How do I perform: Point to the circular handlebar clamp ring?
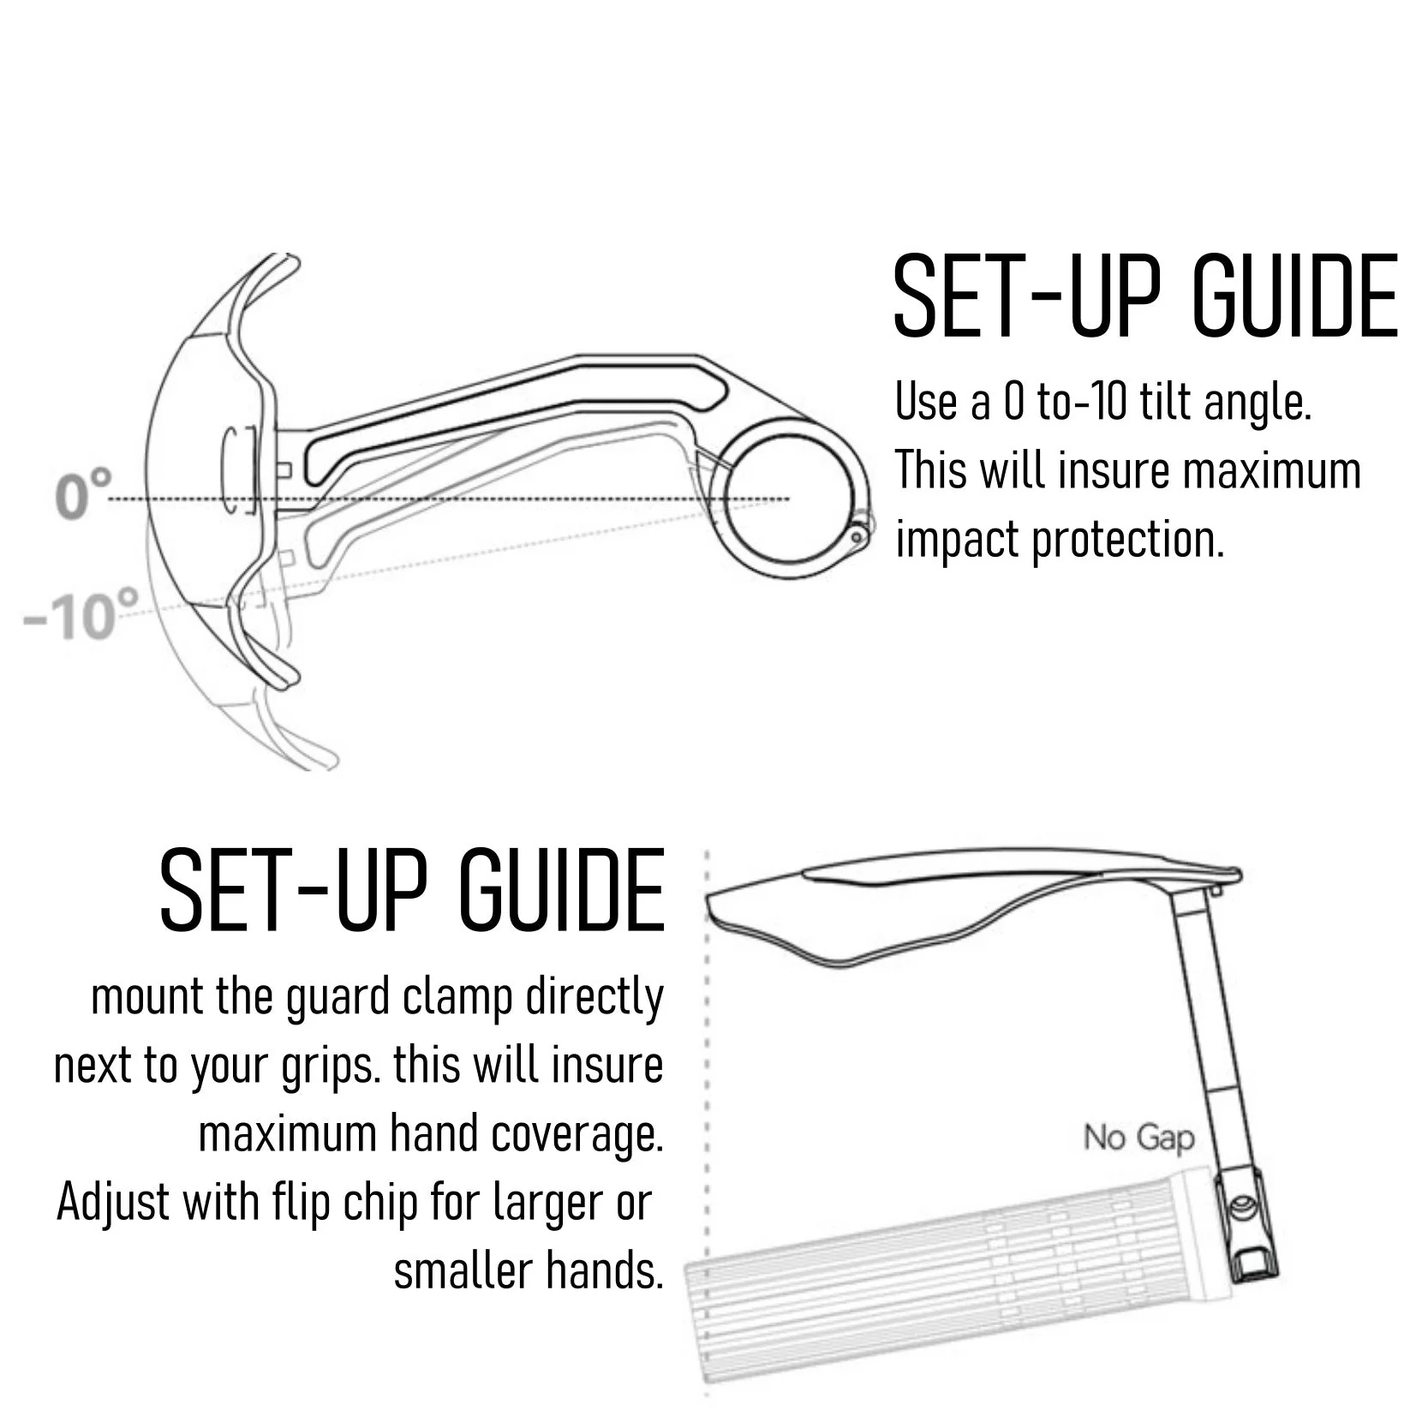[x=725, y=497]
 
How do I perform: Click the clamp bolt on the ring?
[x=857, y=535]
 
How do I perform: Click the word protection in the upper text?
[x=1128, y=541]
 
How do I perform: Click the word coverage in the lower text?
[x=578, y=1136]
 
